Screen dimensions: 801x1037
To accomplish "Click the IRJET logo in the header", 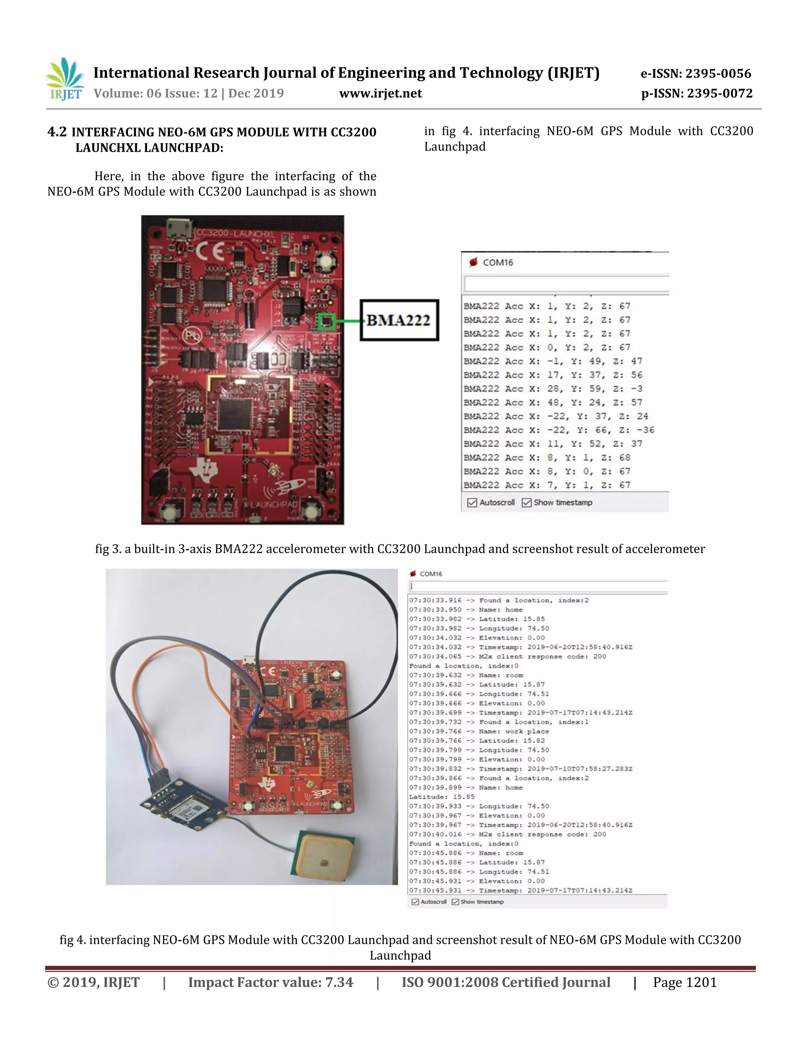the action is point(65,79).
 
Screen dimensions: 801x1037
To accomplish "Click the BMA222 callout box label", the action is point(399,320).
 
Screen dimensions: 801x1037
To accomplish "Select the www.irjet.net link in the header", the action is point(380,94).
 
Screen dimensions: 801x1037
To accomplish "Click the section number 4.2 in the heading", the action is point(57,131).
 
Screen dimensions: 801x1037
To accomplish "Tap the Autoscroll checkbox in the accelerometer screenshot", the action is point(472,502).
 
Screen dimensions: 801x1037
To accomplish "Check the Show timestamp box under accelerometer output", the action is point(526,502).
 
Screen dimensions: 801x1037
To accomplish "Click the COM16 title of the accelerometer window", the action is point(497,263).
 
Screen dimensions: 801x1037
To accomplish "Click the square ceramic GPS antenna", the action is point(325,859).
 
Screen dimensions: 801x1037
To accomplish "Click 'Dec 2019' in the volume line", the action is point(256,94).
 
